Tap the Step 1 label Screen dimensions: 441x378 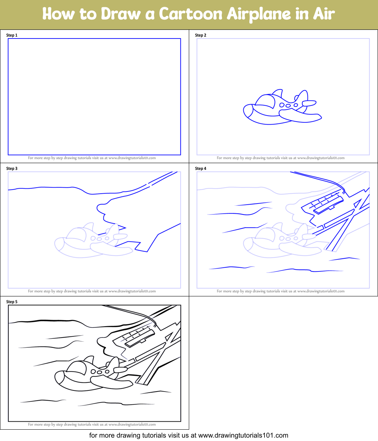pyautogui.click(x=12, y=35)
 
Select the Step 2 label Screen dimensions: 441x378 pyautogui.click(x=201, y=35)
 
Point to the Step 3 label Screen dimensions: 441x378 pyautogui.click(x=12, y=168)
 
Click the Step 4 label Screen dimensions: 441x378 pyautogui.click(x=201, y=168)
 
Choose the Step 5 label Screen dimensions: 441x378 pyautogui.click(x=12, y=302)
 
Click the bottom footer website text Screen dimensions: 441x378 pyautogui.click(x=189, y=435)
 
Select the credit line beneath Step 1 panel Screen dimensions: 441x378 pyautogui.click(x=92, y=158)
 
